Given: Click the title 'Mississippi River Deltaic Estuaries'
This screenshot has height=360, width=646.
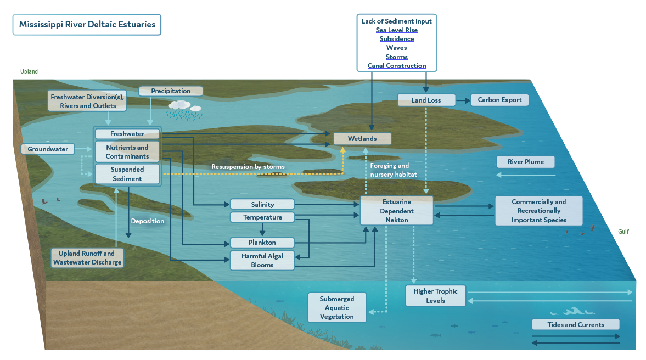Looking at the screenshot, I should (87, 25).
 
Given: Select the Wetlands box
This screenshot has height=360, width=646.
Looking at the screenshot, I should (362, 139).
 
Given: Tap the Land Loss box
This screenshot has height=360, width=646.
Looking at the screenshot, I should (426, 100).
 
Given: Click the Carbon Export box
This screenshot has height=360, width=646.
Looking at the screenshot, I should (499, 100).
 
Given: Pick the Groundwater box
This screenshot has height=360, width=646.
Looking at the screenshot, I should (48, 149).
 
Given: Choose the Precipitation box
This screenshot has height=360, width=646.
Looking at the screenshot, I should (171, 91).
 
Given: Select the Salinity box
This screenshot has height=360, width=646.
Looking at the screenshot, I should (262, 204).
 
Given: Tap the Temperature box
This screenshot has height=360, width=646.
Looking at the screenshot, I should (262, 217).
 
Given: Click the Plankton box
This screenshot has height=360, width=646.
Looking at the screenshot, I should (262, 243).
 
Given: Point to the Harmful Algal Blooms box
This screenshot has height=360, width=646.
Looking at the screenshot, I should (262, 261).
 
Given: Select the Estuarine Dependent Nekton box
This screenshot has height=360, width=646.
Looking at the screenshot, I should (397, 211).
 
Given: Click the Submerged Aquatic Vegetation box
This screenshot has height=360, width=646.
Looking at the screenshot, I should (337, 308).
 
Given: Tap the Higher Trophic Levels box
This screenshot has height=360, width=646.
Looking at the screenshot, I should (435, 296).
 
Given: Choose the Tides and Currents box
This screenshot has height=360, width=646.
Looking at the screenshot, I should (575, 324).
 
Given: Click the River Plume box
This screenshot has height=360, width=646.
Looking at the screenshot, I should (525, 162).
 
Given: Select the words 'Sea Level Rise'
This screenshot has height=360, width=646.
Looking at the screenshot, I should (396, 30).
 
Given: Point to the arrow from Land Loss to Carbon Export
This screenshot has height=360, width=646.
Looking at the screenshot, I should (463, 100).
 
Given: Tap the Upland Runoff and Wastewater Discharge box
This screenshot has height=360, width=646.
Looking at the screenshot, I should (87, 258).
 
